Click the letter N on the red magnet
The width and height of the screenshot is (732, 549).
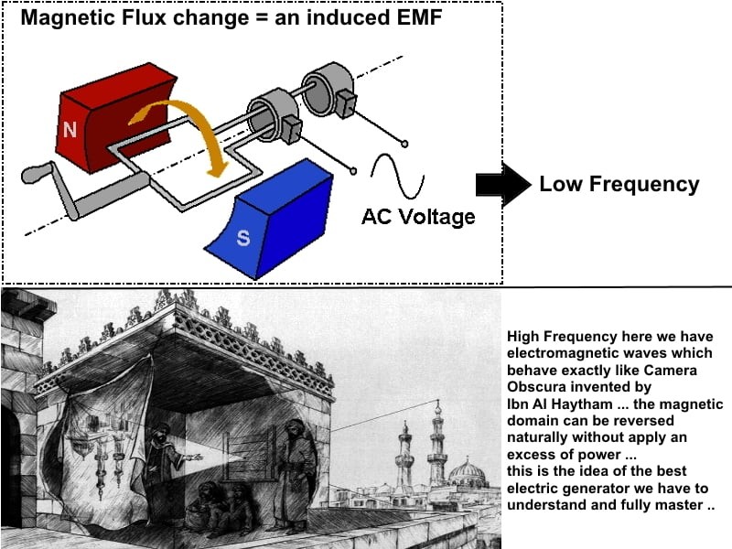click(70, 129)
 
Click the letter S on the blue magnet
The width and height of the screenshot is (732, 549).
click(242, 238)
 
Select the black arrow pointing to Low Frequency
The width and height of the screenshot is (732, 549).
click(503, 185)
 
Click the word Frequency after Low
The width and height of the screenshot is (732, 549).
click(644, 185)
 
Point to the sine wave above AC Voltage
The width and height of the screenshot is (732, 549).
click(397, 176)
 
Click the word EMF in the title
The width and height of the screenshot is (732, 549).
click(417, 17)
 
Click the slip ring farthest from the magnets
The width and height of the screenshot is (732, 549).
click(327, 90)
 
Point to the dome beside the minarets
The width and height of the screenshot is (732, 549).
click(467, 472)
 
